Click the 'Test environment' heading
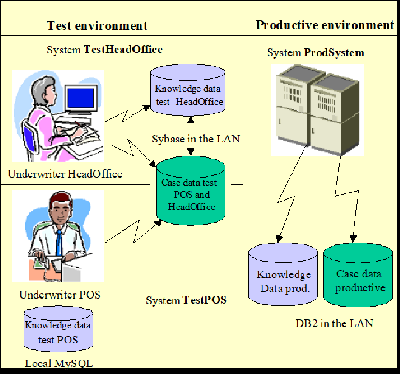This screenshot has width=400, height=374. [x=97, y=26]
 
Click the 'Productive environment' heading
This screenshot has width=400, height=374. [x=325, y=25]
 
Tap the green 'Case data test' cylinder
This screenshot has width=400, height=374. [x=191, y=191]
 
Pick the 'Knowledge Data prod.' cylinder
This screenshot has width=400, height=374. [x=283, y=274]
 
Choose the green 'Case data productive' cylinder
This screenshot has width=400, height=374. [x=358, y=275]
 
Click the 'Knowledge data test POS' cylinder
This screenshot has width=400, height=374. [x=59, y=329]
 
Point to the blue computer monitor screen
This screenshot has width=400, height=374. [x=81, y=98]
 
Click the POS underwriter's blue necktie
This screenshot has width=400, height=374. [x=59, y=243]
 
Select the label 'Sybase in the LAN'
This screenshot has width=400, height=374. [x=196, y=139]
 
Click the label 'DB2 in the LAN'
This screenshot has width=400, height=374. [x=334, y=323]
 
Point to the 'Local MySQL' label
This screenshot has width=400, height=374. [x=59, y=363]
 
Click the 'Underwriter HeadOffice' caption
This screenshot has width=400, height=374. [x=65, y=174]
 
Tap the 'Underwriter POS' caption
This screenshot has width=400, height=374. [x=60, y=295]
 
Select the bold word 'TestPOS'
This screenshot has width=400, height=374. [x=204, y=300]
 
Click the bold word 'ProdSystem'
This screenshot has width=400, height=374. [x=334, y=52]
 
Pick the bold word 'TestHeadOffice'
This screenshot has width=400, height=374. [x=123, y=49]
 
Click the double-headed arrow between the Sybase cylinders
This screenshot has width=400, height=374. [x=191, y=136]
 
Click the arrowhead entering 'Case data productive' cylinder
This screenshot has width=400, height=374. [x=353, y=238]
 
